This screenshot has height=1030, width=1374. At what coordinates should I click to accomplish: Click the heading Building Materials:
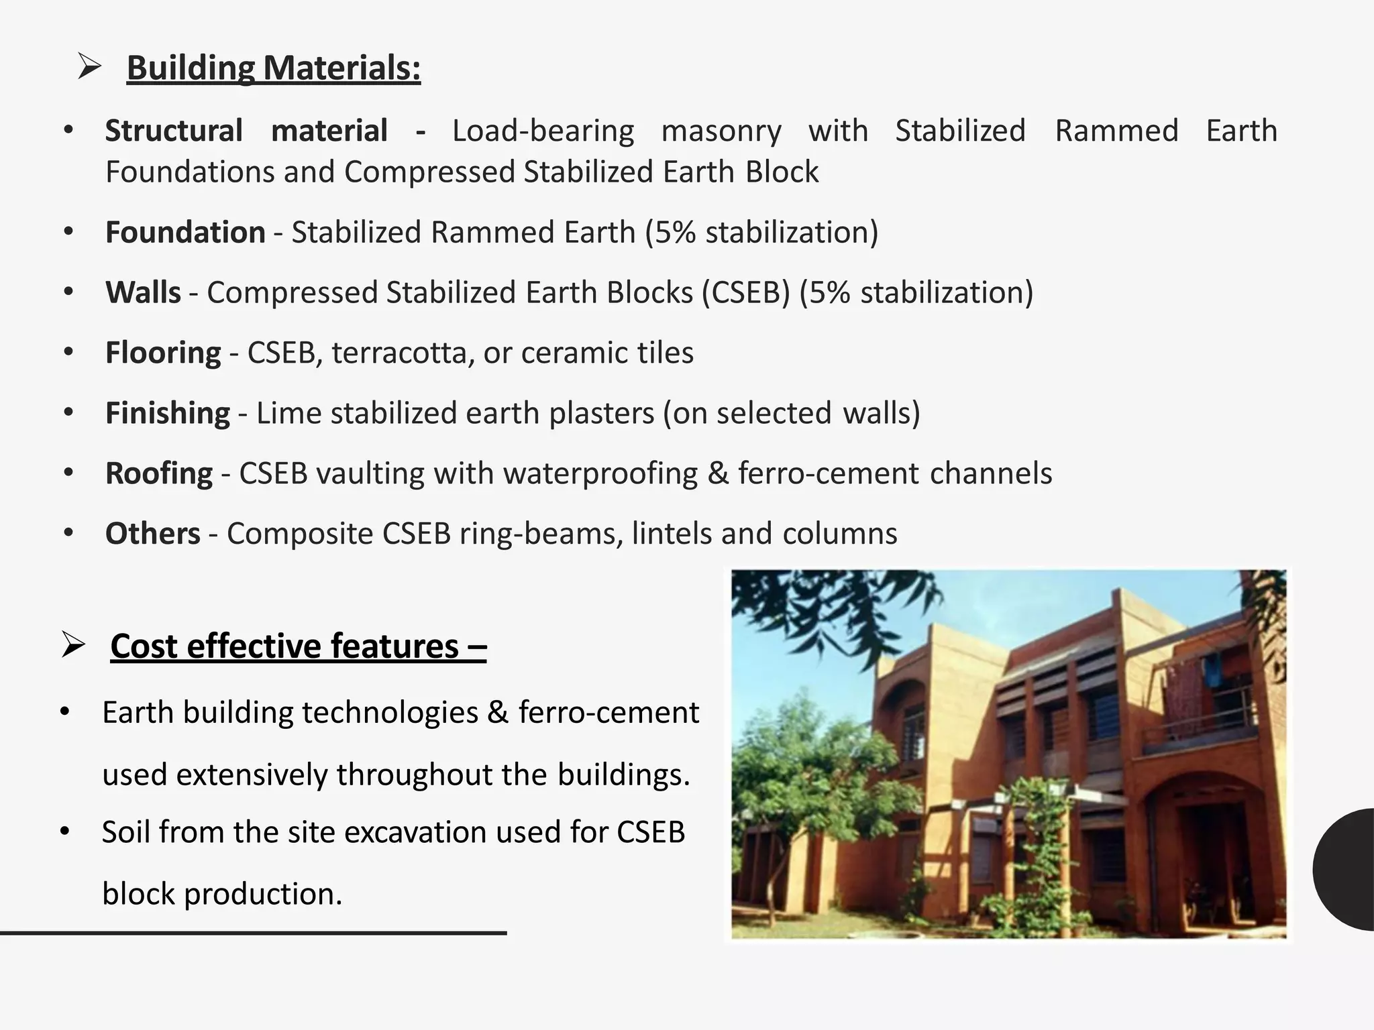[x=274, y=68]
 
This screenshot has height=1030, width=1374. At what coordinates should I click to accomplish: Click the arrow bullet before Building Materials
[x=89, y=67]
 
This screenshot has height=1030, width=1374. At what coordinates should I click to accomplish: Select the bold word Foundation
[x=185, y=232]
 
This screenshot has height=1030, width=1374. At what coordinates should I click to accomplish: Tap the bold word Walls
[x=143, y=292]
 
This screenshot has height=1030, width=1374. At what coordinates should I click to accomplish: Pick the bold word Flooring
[x=163, y=353]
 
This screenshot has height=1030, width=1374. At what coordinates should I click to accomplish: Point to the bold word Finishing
[x=168, y=413]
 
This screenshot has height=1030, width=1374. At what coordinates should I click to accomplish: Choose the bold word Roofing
[x=159, y=473]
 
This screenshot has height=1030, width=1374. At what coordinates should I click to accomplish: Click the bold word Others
[x=153, y=534]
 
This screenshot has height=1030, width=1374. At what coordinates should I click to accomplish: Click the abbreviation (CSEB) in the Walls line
[x=746, y=293]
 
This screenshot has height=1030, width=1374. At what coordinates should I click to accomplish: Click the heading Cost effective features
[x=298, y=646]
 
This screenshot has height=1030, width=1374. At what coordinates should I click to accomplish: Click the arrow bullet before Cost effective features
[x=72, y=645]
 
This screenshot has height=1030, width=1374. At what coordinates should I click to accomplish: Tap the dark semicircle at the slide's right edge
[x=1346, y=869]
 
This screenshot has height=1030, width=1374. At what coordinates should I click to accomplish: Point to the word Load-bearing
[x=543, y=131]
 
